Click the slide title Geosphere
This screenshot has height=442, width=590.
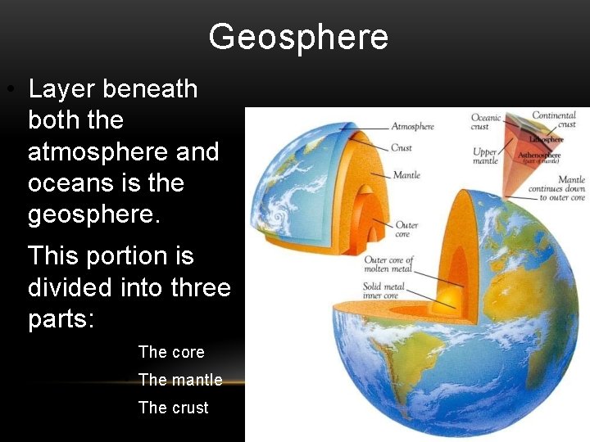coord(297,37)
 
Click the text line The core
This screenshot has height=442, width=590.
coord(171,352)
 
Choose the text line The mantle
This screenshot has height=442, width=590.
coord(180,380)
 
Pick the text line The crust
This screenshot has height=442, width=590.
coord(174,408)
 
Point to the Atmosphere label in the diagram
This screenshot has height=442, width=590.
coord(412,127)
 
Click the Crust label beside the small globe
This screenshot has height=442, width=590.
coord(402,148)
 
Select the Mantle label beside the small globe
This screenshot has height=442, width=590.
coord(406,175)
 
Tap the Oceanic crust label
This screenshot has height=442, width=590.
coord(486,122)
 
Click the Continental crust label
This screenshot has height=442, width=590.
coord(554,120)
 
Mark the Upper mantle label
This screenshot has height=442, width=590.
coord(485,156)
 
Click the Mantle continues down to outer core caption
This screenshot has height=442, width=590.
coord(562,188)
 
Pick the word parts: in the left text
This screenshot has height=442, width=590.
coord(62,318)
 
